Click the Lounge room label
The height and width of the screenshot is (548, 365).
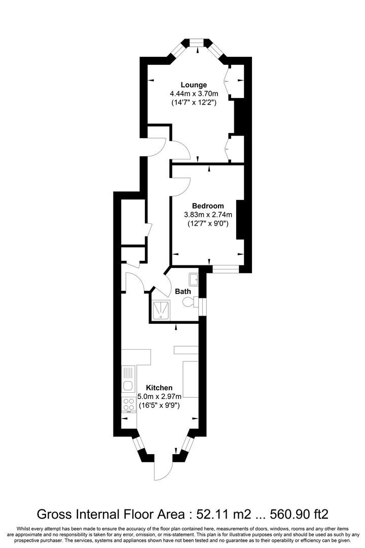pos(194,85)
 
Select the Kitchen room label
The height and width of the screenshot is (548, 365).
pos(159,388)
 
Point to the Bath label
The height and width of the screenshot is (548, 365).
pos(183,291)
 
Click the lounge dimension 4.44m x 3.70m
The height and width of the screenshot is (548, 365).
pos(194,94)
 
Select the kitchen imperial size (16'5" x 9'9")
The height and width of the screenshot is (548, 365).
pos(159,405)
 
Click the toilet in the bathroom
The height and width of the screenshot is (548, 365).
pos(190,302)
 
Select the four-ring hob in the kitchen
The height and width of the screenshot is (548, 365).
pos(129,404)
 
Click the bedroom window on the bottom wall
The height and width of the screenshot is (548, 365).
pos(226,269)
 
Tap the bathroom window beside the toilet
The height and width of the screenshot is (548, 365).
pos(203,306)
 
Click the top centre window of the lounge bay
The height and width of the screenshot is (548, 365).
pos(197,43)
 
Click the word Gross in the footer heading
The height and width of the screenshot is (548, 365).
pos(52,514)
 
